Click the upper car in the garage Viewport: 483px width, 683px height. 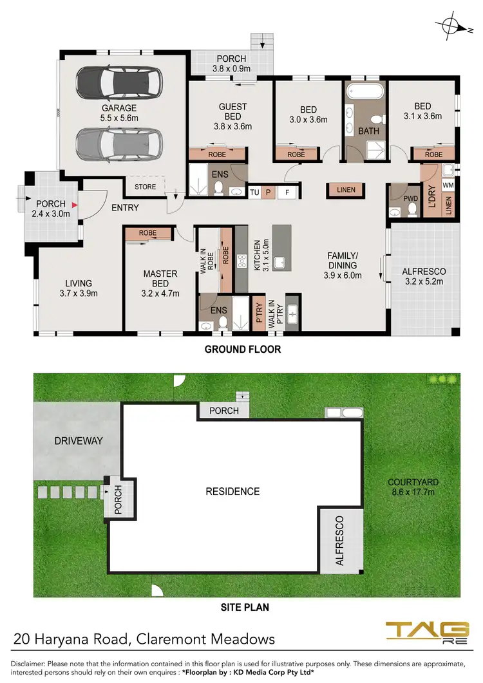pyautogui.click(x=118, y=83)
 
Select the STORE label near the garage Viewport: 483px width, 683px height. pyautogui.click(x=146, y=187)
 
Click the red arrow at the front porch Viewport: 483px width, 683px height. pyautogui.click(x=75, y=205)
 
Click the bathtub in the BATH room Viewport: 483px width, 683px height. pyautogui.click(x=365, y=90)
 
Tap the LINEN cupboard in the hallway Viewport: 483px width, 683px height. pyautogui.click(x=346, y=189)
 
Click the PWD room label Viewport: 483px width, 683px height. pyautogui.click(x=410, y=199)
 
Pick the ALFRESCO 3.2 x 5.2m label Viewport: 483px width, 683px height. pyautogui.click(x=424, y=276)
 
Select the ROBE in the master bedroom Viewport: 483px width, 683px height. pyautogui.click(x=147, y=233)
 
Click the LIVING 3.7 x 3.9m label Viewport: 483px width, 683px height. pyautogui.click(x=78, y=288)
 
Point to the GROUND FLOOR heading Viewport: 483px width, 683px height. pyautogui.click(x=242, y=350)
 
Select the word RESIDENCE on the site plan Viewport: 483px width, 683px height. pyautogui.click(x=232, y=491)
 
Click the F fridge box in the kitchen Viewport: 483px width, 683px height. pyautogui.click(x=287, y=192)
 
